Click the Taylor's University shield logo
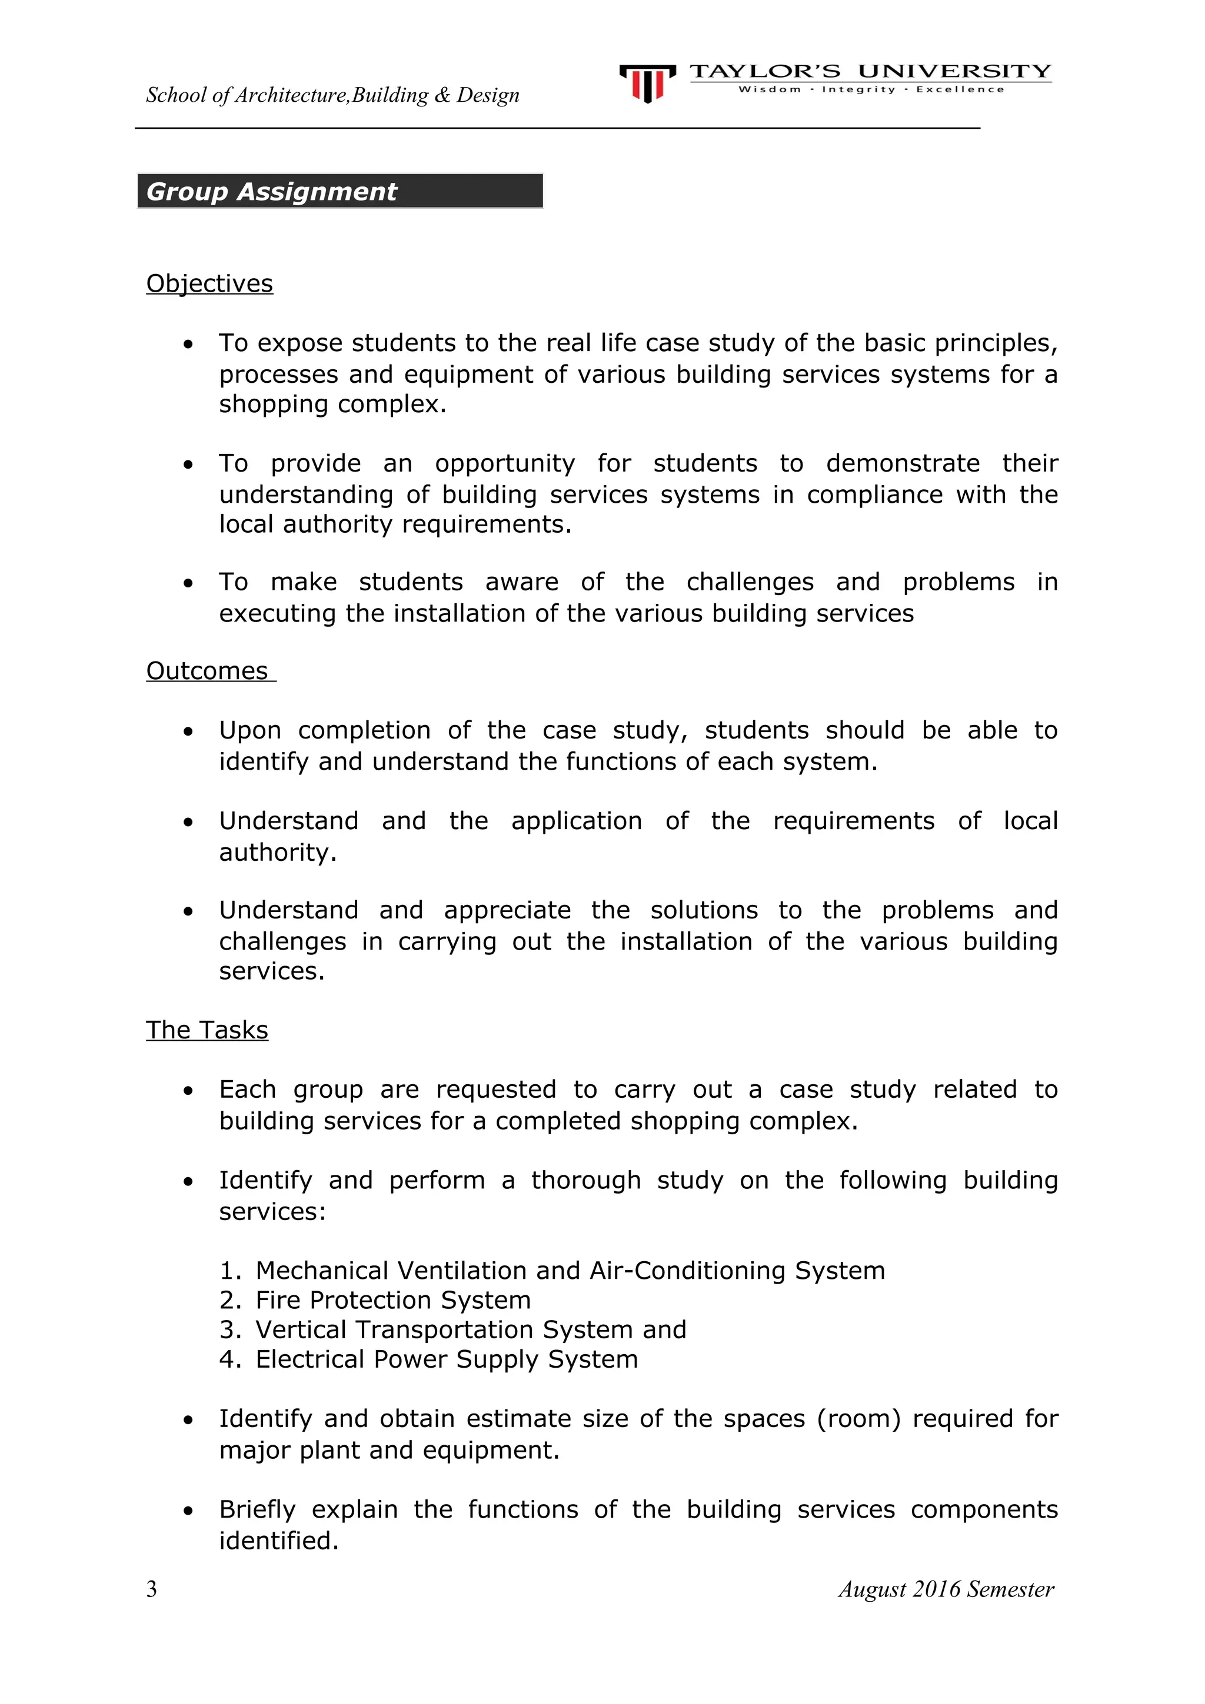(647, 82)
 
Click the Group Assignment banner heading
(272, 192)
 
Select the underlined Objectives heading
(209, 283)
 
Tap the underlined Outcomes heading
(207, 671)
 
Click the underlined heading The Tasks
(207, 1030)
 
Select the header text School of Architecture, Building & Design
(332, 95)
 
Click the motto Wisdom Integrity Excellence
(870, 90)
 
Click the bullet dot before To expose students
(189, 345)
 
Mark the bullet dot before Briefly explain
(189, 1511)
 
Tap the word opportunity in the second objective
(505, 464)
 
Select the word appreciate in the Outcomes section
(507, 911)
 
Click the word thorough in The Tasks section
(586, 1181)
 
